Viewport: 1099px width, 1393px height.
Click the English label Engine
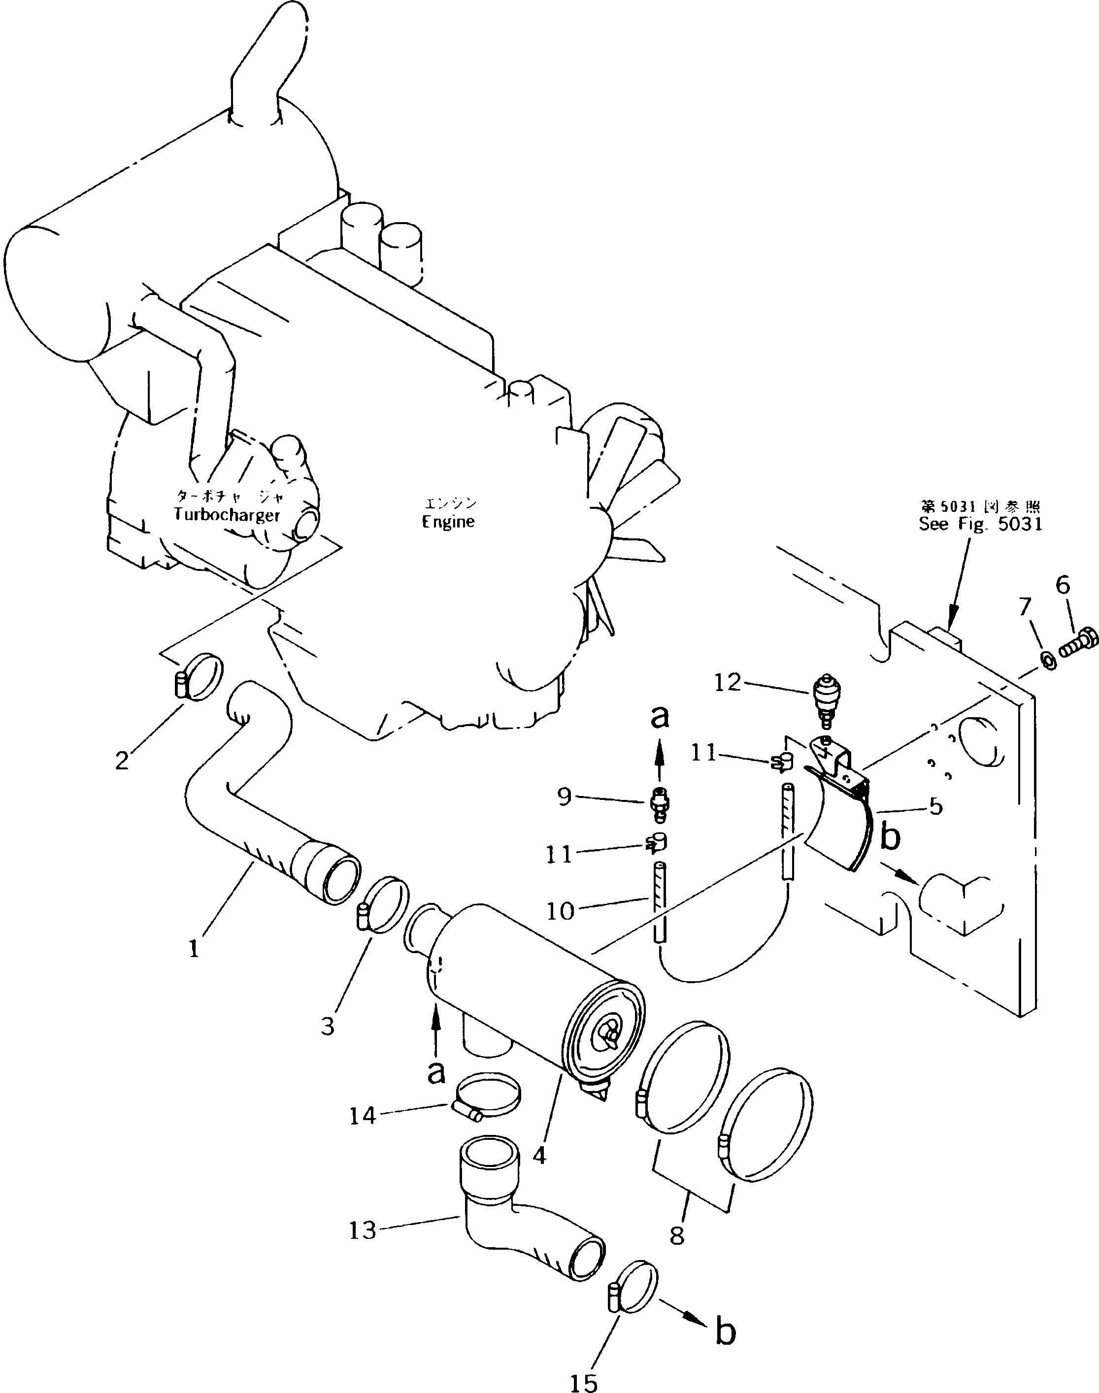[448, 522]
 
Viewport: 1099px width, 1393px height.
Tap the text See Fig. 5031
[980, 524]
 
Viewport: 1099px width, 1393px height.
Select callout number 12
[728, 682]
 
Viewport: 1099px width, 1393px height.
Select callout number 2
[122, 761]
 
